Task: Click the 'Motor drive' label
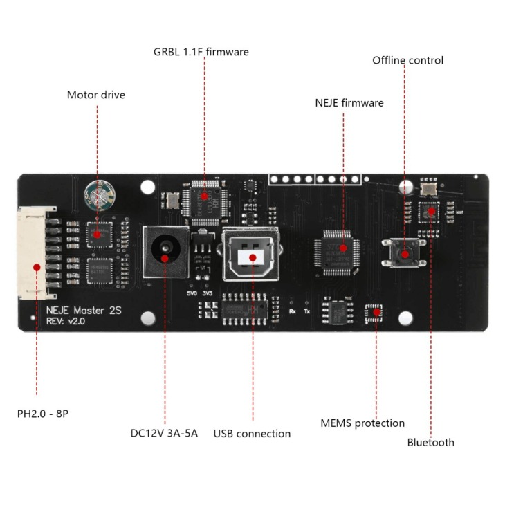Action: point(96,95)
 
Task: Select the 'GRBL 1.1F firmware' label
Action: point(201,52)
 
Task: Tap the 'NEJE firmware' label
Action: point(349,103)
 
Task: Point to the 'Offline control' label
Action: point(407,60)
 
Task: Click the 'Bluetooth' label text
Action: point(430,443)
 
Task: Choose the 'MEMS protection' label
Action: point(362,423)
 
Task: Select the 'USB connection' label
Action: point(252,434)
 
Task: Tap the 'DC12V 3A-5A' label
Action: point(164,434)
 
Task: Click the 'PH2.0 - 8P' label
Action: point(43,414)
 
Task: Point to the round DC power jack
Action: point(165,250)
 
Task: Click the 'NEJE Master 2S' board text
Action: point(84,311)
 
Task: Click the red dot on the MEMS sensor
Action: point(376,312)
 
